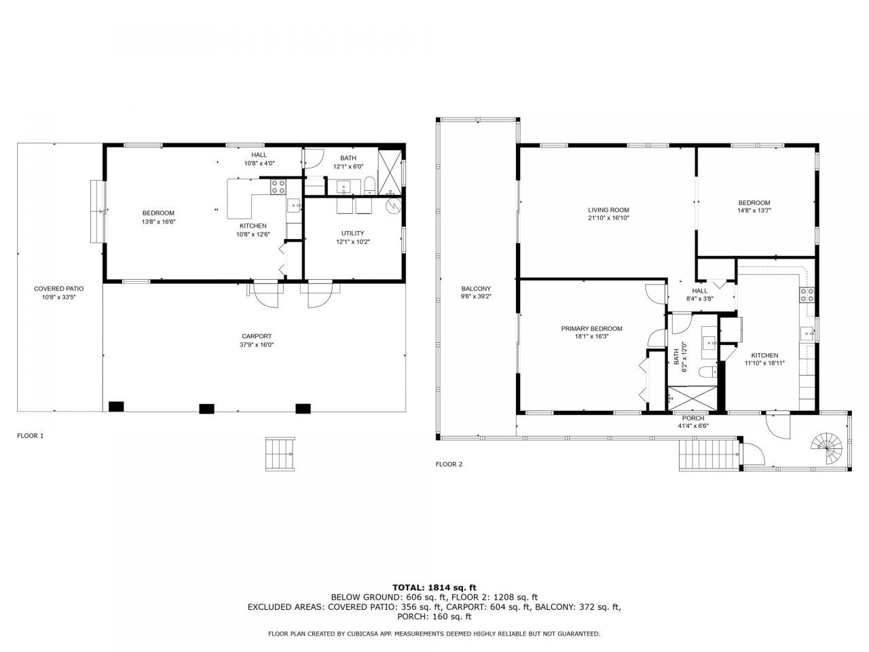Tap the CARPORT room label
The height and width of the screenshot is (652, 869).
click(x=257, y=336)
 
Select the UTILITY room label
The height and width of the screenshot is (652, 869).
click(x=352, y=233)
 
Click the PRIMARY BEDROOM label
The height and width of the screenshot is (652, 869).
click(x=591, y=329)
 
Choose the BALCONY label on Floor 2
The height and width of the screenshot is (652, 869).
click(x=476, y=289)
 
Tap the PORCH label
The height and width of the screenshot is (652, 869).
click(x=693, y=418)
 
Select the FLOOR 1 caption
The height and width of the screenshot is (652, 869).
click(x=31, y=436)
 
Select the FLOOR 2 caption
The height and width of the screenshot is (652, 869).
click(x=449, y=465)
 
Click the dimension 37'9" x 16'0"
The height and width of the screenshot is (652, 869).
click(x=257, y=345)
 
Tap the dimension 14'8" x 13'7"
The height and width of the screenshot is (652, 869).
click(x=754, y=211)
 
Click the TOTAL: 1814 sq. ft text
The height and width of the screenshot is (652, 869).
click(x=434, y=587)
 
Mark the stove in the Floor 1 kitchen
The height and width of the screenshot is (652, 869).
click(x=278, y=186)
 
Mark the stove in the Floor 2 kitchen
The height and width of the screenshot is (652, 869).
click(x=808, y=295)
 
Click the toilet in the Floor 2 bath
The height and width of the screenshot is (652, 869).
click(x=705, y=373)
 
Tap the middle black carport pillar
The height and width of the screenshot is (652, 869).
click(x=206, y=408)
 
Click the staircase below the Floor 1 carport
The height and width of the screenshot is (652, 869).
click(x=280, y=454)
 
